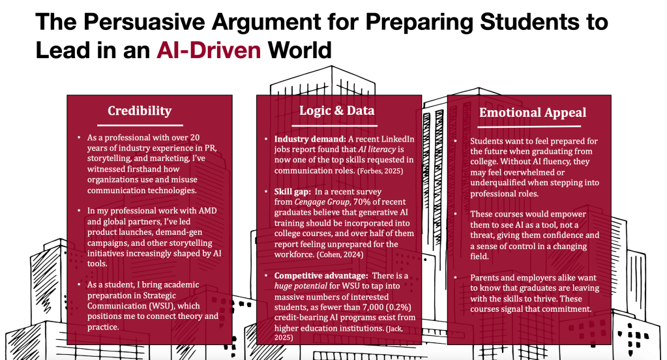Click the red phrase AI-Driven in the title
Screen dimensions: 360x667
pyautogui.click(x=203, y=50)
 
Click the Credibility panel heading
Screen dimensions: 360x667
pyautogui.click(x=140, y=111)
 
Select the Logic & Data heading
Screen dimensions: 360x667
pyautogui.click(x=336, y=110)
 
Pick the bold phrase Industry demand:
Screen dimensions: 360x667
pyautogui.click(x=308, y=140)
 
